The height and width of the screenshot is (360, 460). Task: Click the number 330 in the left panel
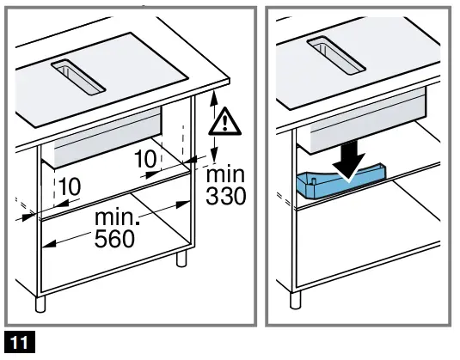tap(226, 197)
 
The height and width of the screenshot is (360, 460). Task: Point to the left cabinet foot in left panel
tap(40, 303)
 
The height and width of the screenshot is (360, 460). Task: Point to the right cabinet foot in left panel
tap(181, 260)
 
